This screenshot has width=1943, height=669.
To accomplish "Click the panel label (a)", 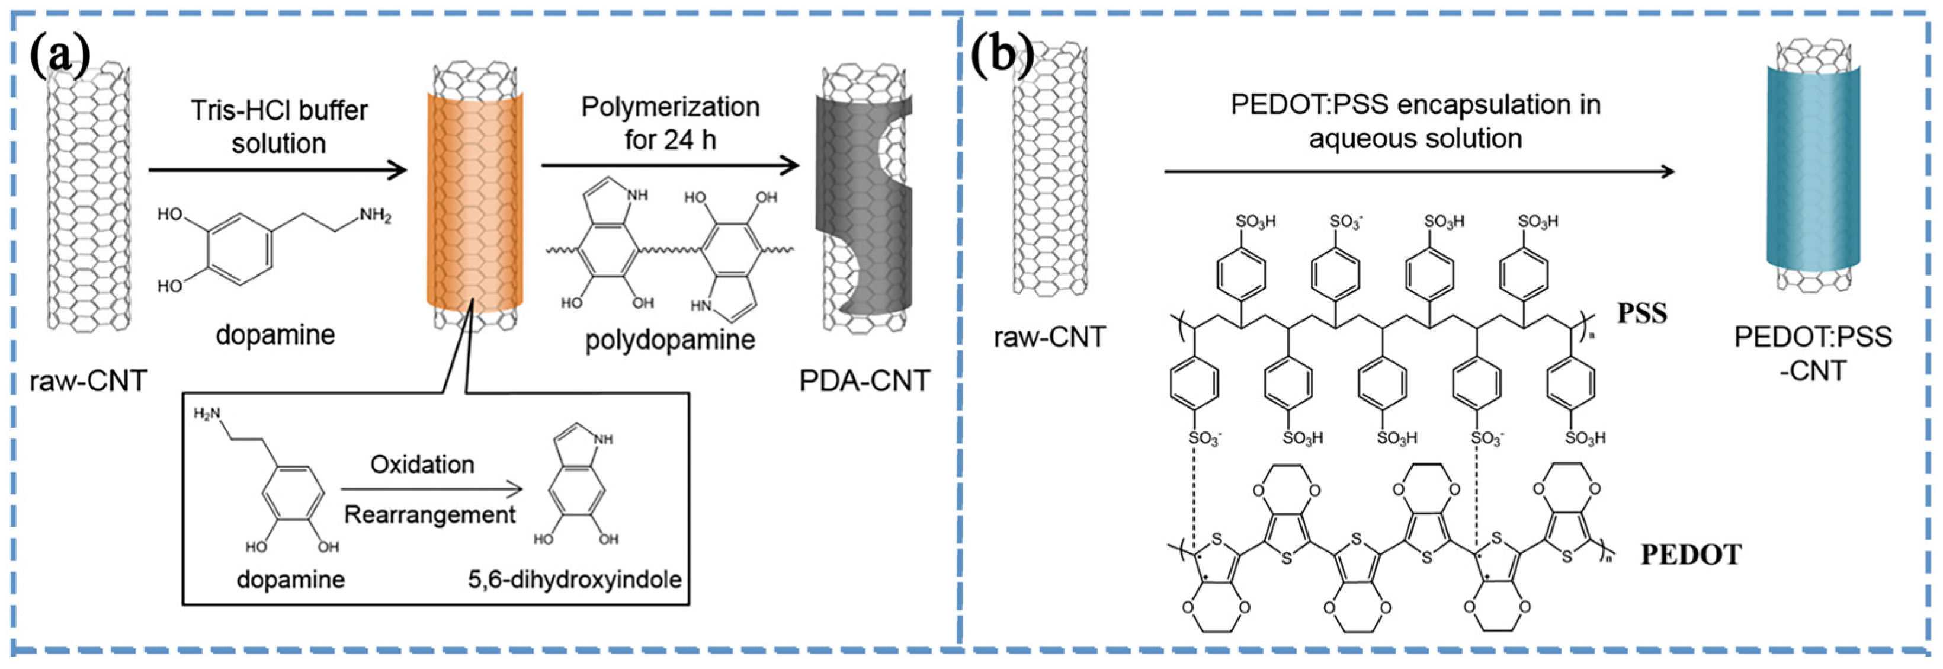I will [x=60, y=55].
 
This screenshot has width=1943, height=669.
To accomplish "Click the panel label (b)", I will [x=1002, y=55].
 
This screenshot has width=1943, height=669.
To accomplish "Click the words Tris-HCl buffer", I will [x=278, y=111].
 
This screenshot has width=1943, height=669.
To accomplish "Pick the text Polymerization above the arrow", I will [x=670, y=107].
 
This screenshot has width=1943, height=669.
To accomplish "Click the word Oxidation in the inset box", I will [x=422, y=465].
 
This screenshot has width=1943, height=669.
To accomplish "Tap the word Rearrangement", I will [x=430, y=515].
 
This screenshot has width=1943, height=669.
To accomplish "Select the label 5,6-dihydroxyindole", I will [x=575, y=580].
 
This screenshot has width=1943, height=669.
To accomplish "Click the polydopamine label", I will [x=670, y=340].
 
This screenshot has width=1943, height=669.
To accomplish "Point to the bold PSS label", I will [x=1641, y=313].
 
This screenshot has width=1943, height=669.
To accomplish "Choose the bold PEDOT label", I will [x=1690, y=555].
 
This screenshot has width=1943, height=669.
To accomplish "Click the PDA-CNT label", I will [x=864, y=381].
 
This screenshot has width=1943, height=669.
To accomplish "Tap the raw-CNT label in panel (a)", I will [x=88, y=381].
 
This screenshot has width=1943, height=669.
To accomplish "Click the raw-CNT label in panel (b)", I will [x=1049, y=337].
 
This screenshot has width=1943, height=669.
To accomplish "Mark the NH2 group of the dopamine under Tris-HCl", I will [x=375, y=216].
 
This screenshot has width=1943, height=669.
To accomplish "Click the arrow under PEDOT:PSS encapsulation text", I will [x=1418, y=172].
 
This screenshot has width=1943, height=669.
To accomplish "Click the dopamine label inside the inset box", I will [x=290, y=580].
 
